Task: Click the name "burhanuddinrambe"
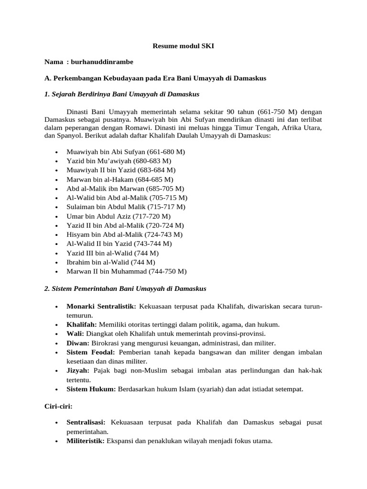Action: (x=103, y=62)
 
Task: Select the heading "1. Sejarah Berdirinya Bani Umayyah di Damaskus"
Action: (x=122, y=94)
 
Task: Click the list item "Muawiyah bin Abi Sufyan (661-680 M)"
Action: (x=126, y=152)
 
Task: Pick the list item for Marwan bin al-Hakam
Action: (x=119, y=179)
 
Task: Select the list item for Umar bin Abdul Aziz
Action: (x=115, y=216)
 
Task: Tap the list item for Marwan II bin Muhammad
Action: (x=126, y=271)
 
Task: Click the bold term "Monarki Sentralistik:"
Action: (x=101, y=306)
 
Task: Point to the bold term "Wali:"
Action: (x=76, y=333)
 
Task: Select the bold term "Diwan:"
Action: (x=78, y=343)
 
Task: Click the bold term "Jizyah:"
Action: (x=78, y=371)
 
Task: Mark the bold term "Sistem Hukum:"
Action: (x=91, y=389)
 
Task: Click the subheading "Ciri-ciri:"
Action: (x=58, y=406)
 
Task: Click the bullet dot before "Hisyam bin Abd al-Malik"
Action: (x=57, y=235)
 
